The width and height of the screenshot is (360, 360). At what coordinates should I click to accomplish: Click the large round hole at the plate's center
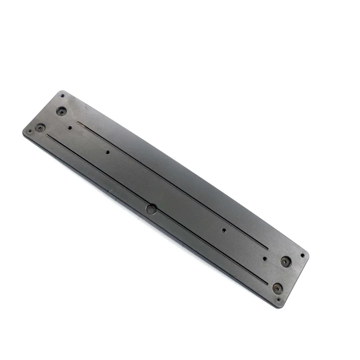pos(151,209)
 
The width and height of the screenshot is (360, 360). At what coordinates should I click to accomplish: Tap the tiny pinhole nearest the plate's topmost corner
pos(62,96)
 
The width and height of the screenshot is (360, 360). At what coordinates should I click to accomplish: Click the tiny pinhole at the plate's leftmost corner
pos(30,131)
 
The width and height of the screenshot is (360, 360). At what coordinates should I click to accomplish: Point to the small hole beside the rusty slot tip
pos(70,127)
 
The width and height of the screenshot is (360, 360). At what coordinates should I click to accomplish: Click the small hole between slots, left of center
pos(107,152)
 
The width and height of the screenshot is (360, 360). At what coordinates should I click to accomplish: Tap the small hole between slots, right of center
pos(223,230)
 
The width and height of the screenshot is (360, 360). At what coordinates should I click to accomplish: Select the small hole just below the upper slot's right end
pos(265,258)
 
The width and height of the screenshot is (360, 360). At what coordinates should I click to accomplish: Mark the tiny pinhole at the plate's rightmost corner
pos(302,255)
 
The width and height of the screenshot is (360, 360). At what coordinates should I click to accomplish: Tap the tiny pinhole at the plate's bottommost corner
pos(278,299)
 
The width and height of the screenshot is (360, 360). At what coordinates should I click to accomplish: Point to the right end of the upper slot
pos(268,248)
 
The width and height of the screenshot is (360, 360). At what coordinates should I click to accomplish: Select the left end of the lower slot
pos(48,135)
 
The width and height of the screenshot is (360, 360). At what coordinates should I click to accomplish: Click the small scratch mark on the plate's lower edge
pos(107,191)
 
